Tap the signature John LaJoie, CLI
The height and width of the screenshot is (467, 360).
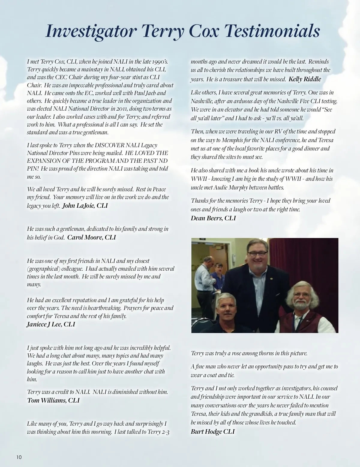pos(85,206)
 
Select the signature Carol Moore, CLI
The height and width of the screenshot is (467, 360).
pos(91,237)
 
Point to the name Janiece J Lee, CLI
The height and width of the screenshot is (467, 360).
pos(51,324)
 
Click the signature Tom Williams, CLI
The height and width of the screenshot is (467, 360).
pos(53,400)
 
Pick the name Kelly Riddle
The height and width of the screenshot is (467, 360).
pos(305,79)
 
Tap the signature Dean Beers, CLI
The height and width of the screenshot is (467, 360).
pos(213,218)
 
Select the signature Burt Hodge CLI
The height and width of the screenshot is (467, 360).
pos(213,432)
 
